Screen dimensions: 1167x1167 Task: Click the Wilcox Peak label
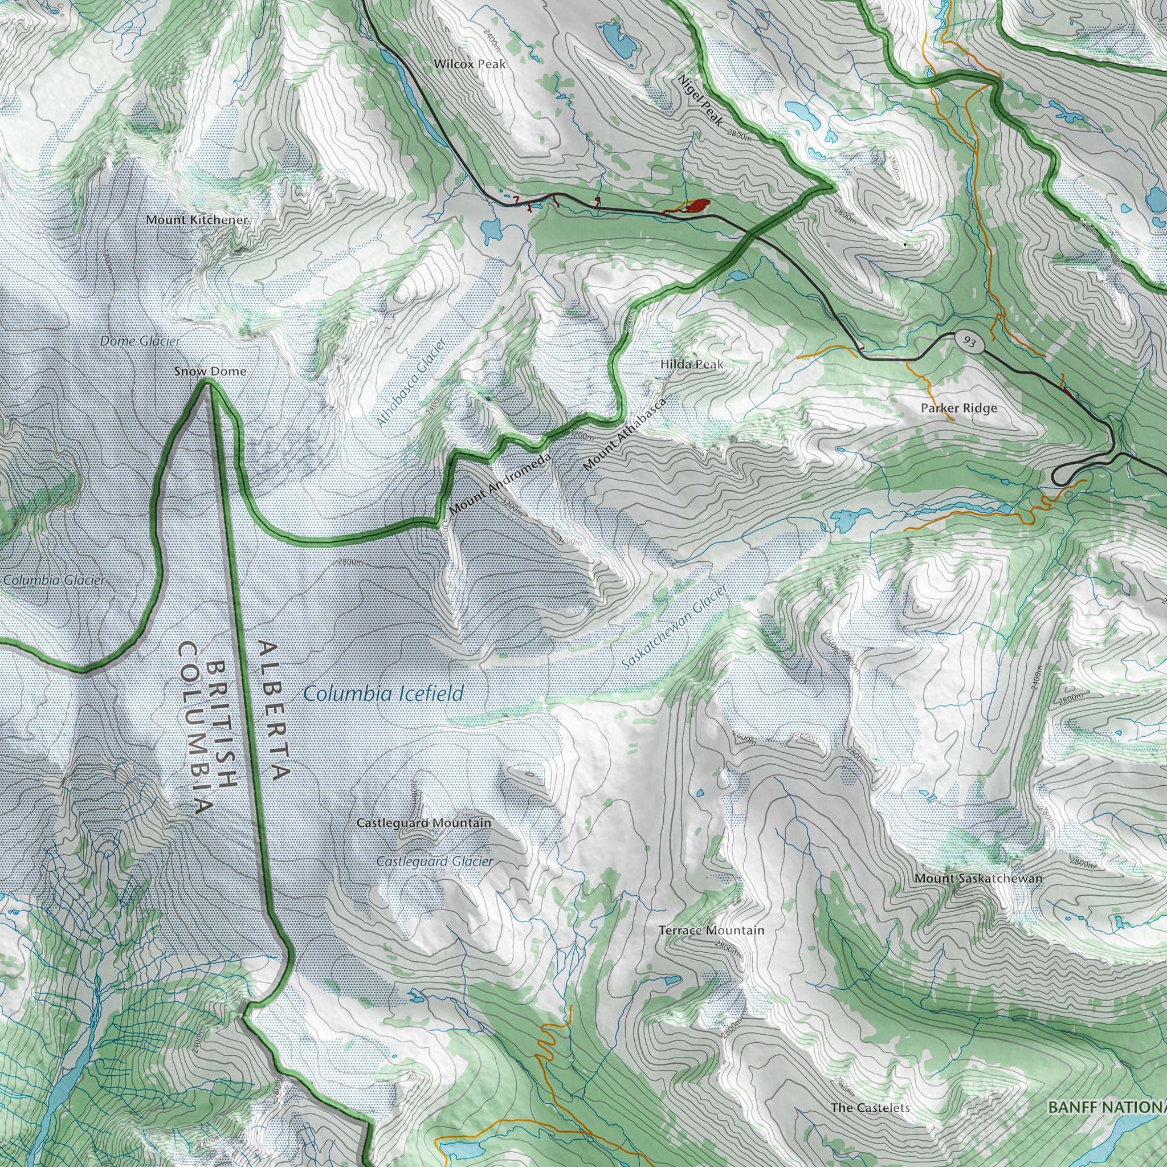click(470, 63)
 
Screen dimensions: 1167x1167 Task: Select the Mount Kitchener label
click(197, 220)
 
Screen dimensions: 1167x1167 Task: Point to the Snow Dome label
click(210, 371)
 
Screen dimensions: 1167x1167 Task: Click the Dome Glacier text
click(140, 341)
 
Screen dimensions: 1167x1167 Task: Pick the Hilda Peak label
click(691, 364)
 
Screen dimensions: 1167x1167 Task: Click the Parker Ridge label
click(958, 409)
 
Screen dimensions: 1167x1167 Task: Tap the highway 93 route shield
click(969, 342)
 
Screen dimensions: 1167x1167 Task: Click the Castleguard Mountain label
click(423, 823)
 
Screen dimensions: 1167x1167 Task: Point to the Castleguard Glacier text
click(434, 862)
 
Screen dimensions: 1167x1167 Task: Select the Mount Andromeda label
click(500, 484)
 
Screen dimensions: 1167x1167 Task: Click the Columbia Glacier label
click(53, 580)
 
